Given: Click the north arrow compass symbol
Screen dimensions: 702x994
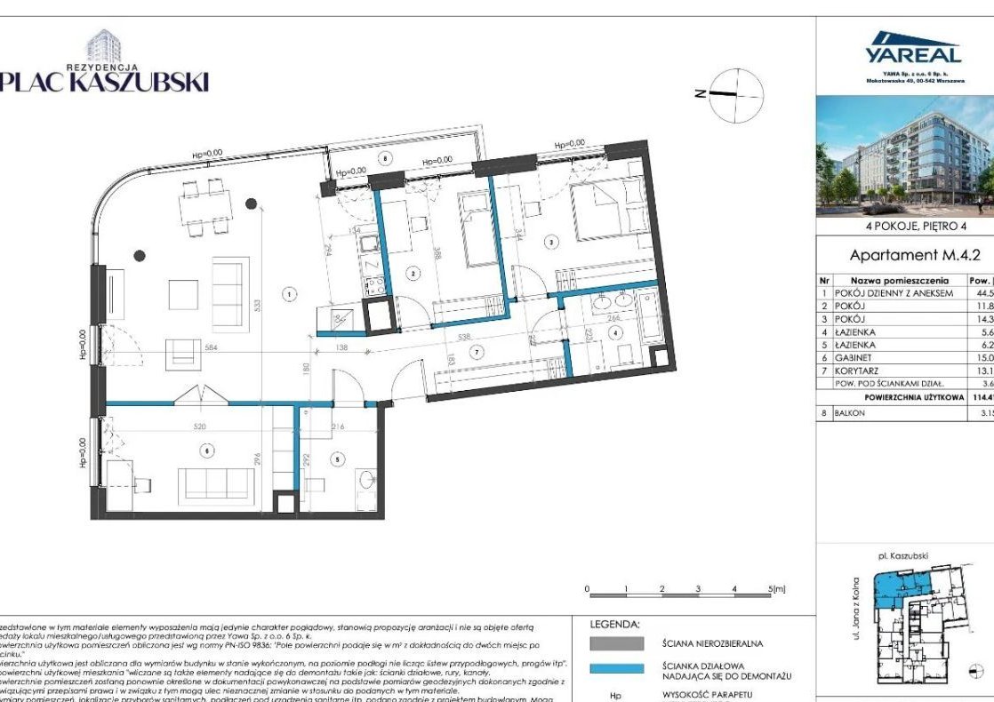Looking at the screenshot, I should coord(737,92).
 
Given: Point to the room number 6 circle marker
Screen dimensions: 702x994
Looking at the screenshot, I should coord(208,451).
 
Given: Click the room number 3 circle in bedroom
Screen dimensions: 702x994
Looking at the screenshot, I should coord(551,241).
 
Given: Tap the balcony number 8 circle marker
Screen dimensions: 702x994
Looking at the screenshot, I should coord(385,159).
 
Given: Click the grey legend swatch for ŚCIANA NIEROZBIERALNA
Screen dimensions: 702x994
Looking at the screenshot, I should coord(616,642).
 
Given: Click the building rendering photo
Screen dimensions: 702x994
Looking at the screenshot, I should coord(905,156).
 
